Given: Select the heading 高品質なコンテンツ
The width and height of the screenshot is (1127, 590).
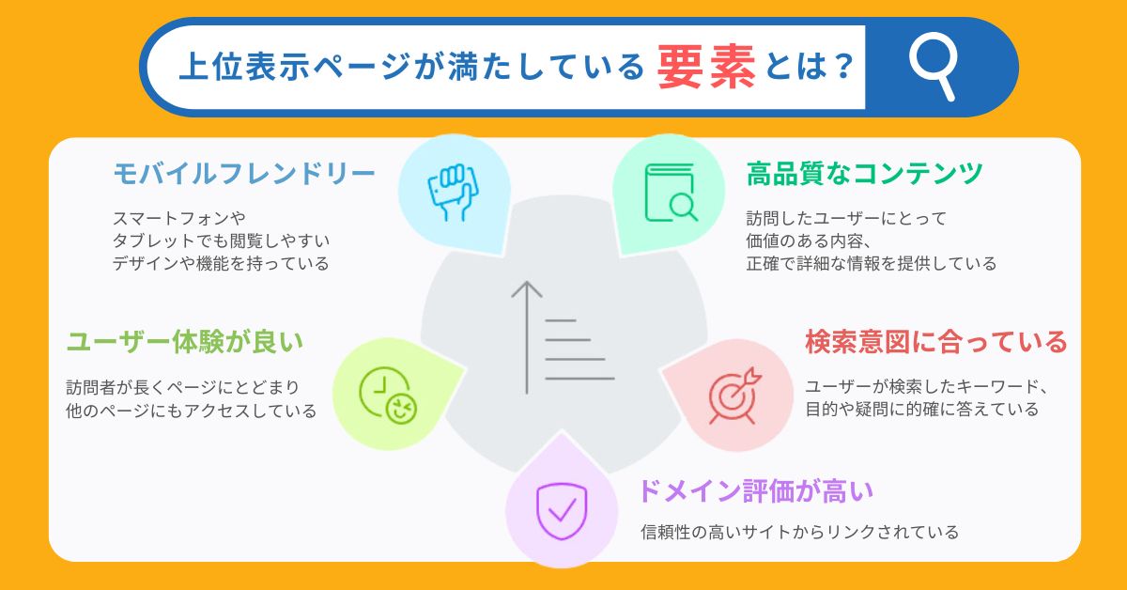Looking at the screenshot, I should (864, 173).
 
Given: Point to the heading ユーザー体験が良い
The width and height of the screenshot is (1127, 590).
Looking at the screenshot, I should (185, 342).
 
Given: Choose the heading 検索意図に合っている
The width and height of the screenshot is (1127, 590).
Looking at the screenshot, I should (935, 342).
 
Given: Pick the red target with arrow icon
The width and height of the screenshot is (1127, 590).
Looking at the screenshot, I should (730, 395).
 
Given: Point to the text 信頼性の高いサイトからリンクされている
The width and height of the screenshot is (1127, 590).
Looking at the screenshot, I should (799, 533).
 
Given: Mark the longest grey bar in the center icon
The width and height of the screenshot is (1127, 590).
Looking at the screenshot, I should (579, 379).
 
